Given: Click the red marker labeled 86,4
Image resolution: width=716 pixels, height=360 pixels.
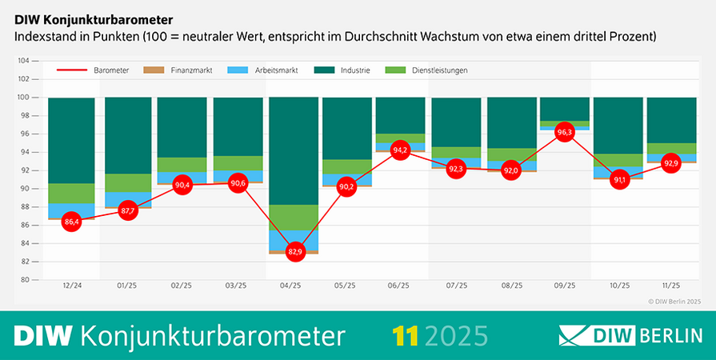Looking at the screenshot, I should pos(71,222).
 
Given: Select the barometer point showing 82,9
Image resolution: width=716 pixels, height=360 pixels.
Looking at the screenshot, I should pos(294,252).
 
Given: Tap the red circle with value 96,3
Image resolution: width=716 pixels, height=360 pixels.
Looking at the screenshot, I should pos(565,132).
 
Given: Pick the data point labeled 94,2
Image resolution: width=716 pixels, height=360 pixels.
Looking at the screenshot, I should pos(400,150).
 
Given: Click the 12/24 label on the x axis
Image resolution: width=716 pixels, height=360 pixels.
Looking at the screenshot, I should pos(71,286).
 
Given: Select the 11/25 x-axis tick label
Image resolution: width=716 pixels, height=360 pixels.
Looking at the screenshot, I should pos(670,286).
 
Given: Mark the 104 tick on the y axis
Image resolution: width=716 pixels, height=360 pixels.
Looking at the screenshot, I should pos(23,61).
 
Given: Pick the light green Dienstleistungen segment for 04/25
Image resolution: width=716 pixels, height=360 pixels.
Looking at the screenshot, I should pos(294,217).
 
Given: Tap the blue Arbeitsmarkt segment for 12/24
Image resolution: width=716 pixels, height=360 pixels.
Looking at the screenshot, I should pos(71,210).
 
